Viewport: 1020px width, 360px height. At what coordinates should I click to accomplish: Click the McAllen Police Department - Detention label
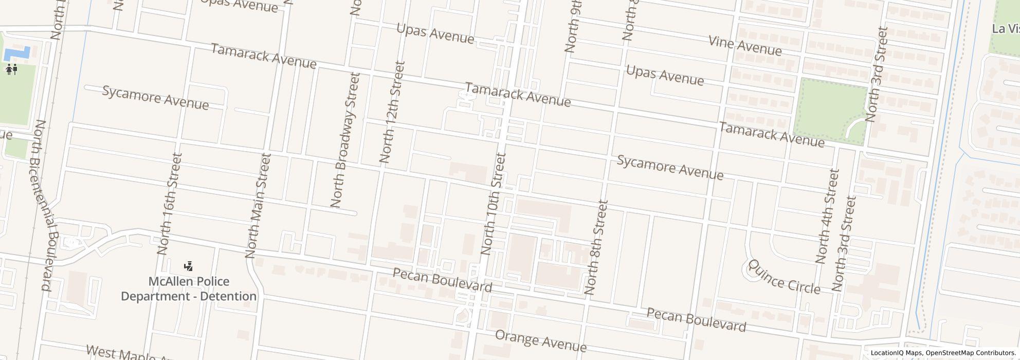click(x=189, y=289)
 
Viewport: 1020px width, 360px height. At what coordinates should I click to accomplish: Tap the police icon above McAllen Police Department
click(x=189, y=266)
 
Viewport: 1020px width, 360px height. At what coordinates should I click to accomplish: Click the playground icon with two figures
click(x=12, y=69)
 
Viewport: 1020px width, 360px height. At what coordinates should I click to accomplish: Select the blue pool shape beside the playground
click(x=17, y=52)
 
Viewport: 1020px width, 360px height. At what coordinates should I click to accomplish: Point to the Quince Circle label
click(x=784, y=277)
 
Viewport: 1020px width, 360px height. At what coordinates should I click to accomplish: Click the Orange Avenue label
click(x=540, y=340)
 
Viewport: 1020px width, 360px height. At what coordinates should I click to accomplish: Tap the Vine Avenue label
click(x=745, y=45)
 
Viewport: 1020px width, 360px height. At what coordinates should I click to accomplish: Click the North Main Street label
click(x=258, y=205)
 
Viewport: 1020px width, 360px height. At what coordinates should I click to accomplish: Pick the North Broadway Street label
click(x=344, y=140)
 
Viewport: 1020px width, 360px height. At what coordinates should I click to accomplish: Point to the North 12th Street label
click(x=392, y=112)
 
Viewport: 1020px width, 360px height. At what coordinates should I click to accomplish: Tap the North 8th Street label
click(x=596, y=247)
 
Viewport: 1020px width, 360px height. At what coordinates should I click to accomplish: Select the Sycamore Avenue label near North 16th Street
click(x=155, y=98)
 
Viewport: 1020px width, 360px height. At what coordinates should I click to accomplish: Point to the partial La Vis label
click(x=1006, y=29)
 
